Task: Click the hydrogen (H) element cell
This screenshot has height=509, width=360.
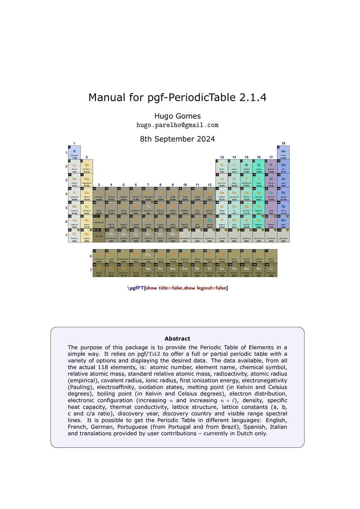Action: (74, 152)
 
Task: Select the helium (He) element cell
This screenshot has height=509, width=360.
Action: (283, 152)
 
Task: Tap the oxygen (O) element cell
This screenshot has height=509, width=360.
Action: (259, 166)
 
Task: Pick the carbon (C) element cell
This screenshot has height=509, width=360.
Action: (234, 166)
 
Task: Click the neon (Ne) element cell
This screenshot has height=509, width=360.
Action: (283, 166)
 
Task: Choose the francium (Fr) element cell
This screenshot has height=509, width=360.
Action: (74, 236)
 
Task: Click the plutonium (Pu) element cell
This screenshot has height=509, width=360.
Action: (160, 271)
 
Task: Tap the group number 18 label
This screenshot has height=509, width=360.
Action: (283, 143)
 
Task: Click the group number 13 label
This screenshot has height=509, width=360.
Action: (222, 157)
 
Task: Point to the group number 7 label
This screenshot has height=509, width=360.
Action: (148, 185)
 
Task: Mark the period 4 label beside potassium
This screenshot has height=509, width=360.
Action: (66, 194)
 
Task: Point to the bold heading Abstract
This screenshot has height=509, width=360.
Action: (177, 339)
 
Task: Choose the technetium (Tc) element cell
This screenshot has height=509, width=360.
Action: (148, 194)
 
